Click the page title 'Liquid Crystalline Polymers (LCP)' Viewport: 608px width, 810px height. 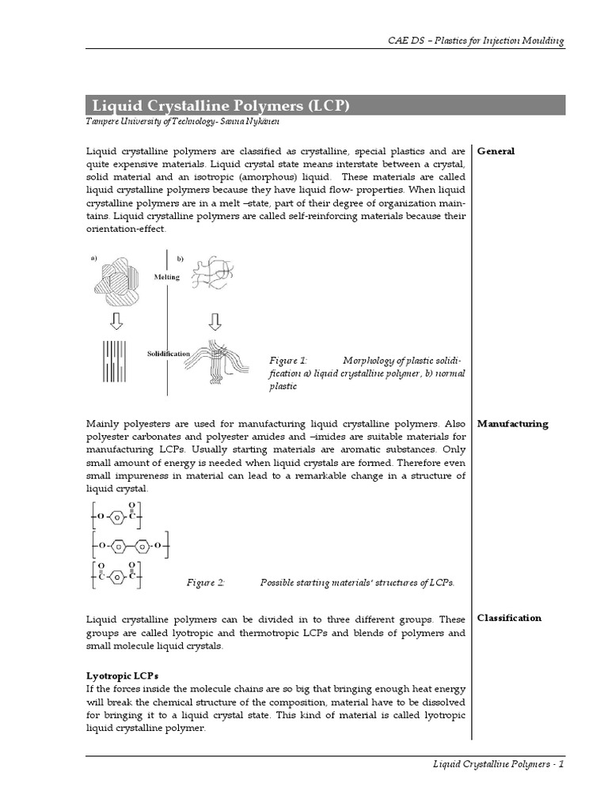tap(221, 106)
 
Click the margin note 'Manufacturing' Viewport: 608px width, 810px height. tap(512, 424)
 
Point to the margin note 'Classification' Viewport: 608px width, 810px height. tap(509, 618)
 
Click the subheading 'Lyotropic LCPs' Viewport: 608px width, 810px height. tap(122, 676)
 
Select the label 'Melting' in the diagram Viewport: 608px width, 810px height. tap(166, 277)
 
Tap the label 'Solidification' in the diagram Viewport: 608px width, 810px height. tap(168, 353)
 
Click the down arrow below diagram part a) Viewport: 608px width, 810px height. tap(116, 320)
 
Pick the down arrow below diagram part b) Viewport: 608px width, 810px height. tap(214, 320)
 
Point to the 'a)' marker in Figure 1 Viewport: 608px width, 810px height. tap(94, 258)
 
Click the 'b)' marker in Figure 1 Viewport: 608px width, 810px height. tap(180, 259)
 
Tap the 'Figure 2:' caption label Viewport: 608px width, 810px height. tap(206, 583)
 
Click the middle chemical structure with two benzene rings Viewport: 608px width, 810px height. tap(129, 546)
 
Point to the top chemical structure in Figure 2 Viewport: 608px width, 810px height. tap(116, 517)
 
